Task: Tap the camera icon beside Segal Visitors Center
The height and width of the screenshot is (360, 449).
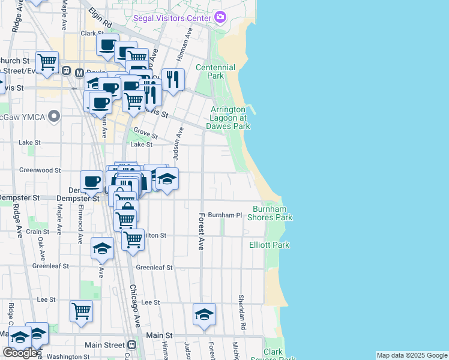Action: [x=220, y=17]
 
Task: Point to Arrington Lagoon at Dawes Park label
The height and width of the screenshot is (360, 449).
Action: [x=228, y=118]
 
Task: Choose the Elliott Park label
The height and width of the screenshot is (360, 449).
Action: [x=270, y=245]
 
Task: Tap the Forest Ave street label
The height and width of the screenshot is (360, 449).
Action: [x=202, y=231]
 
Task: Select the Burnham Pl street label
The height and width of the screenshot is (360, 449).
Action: [x=224, y=215]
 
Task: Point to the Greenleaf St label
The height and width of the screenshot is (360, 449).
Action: [x=154, y=267]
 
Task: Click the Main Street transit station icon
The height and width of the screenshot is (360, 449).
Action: [x=131, y=345]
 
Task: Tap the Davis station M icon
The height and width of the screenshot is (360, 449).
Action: [x=79, y=72]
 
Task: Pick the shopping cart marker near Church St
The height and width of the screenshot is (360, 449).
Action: [x=46, y=62]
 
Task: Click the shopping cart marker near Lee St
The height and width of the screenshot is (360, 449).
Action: [x=81, y=311]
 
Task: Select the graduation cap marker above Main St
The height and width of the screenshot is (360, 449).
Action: [x=204, y=314]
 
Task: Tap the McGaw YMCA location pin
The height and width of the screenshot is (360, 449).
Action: [x=55, y=115]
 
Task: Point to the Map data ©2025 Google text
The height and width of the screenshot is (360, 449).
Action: [x=411, y=355]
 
